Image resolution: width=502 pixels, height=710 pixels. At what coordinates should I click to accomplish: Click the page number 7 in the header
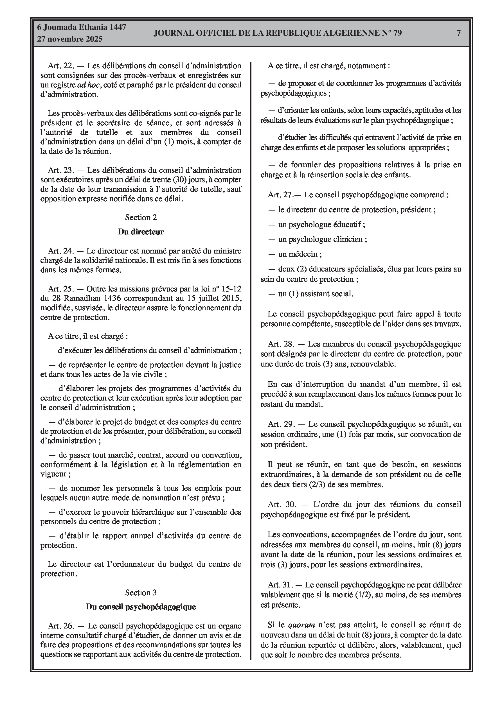459,33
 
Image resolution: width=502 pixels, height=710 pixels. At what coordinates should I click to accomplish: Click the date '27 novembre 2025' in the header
70,39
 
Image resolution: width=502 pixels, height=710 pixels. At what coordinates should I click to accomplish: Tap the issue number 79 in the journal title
397,33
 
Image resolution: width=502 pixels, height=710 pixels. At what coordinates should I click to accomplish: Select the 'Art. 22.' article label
61,65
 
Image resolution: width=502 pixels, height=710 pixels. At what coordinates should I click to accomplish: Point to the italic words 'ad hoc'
88,85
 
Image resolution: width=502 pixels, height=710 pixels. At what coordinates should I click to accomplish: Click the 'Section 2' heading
141,217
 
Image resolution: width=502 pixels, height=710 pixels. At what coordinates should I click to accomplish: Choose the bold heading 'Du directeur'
141,232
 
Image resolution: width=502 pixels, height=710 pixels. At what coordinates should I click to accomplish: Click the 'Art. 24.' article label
61,251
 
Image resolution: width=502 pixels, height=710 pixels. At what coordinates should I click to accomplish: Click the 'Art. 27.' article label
280,195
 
